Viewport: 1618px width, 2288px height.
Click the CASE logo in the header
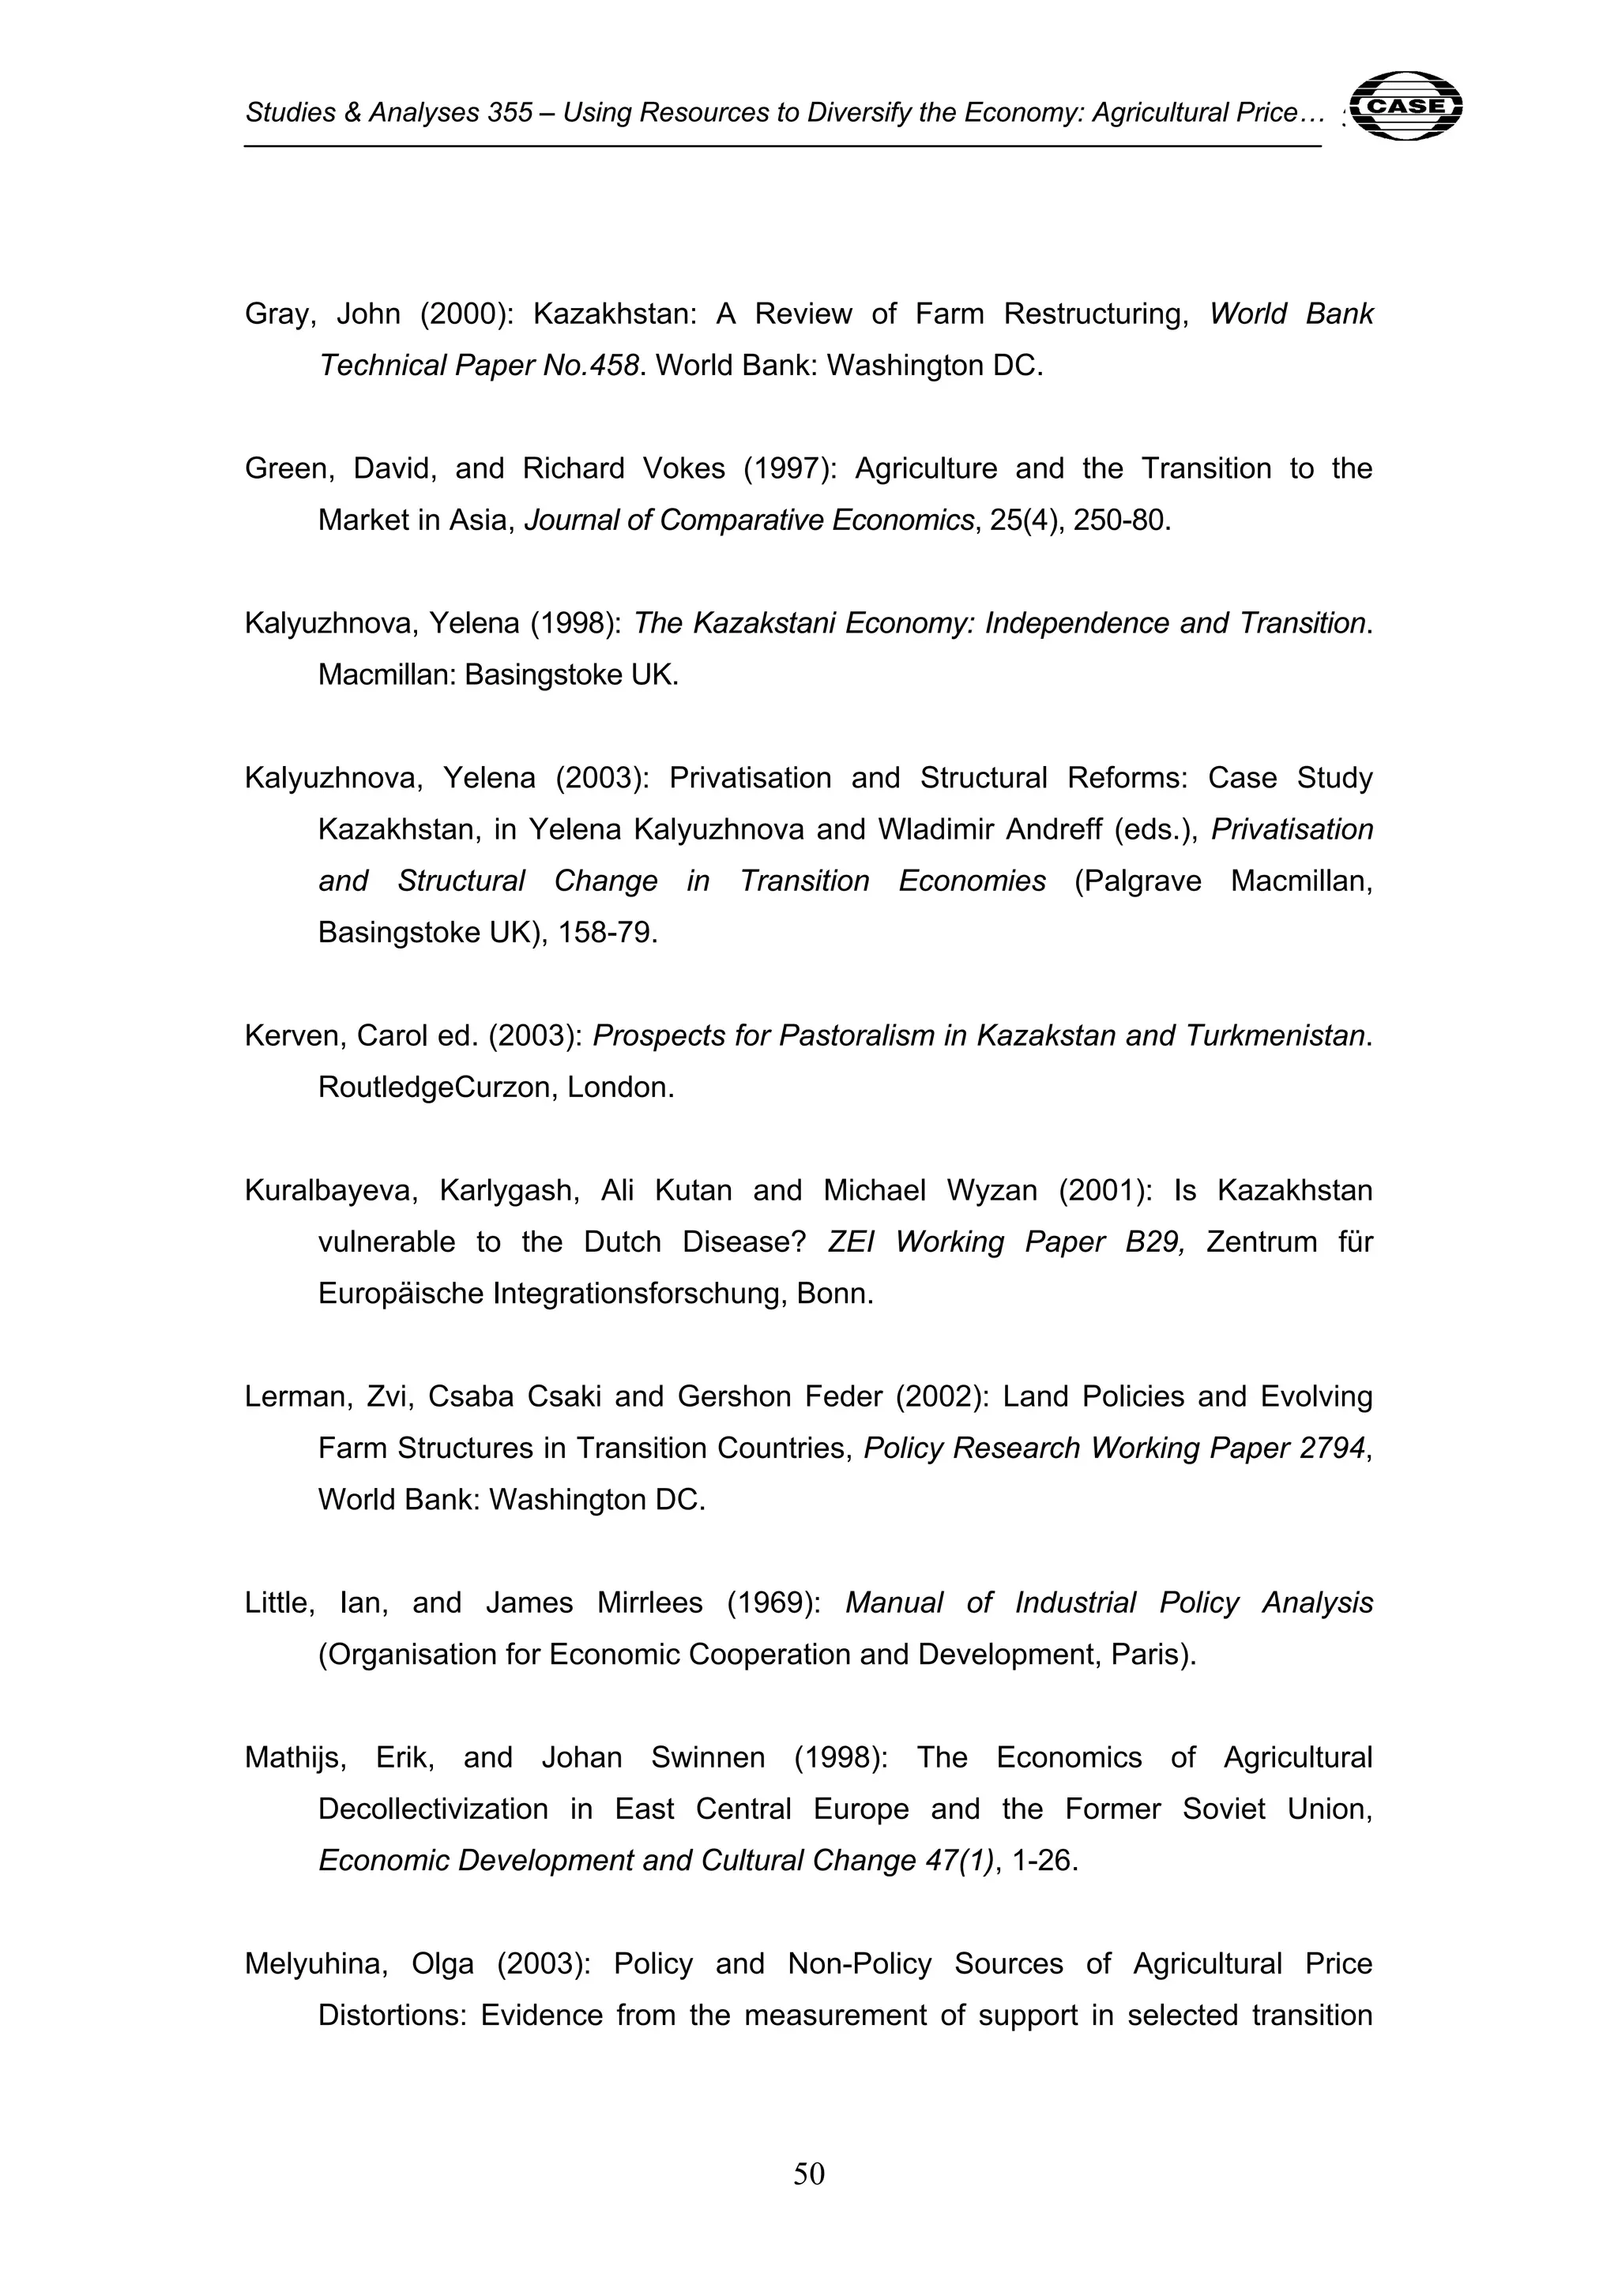(1409, 104)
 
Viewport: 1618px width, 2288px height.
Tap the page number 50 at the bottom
(808, 2173)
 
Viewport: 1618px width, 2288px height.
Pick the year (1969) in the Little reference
(773, 1603)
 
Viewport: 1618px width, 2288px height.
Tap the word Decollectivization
(433, 1809)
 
